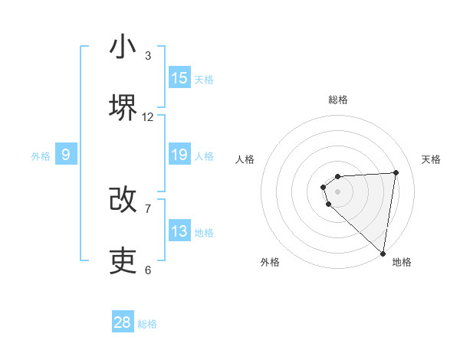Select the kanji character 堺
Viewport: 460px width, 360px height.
(x=123, y=108)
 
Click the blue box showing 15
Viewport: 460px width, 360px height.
(x=179, y=78)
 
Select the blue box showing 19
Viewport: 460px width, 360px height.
(x=179, y=155)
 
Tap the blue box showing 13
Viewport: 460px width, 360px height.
(x=179, y=231)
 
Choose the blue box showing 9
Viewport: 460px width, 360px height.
(x=66, y=155)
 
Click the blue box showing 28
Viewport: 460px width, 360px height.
(x=123, y=322)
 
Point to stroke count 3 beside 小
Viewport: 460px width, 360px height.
(x=148, y=56)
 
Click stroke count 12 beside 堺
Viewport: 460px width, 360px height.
(x=148, y=117)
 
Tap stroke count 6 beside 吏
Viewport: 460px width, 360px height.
(x=148, y=270)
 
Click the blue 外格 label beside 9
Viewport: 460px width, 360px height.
(x=41, y=156)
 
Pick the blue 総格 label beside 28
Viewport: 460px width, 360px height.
(x=147, y=324)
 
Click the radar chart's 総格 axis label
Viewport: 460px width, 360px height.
(x=338, y=100)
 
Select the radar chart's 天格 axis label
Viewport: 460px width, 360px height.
(x=432, y=159)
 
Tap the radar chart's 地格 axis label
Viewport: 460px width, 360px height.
(x=402, y=262)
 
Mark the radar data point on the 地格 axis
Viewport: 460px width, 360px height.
(x=383, y=253)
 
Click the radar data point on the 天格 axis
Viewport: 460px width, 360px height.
(x=396, y=172)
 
